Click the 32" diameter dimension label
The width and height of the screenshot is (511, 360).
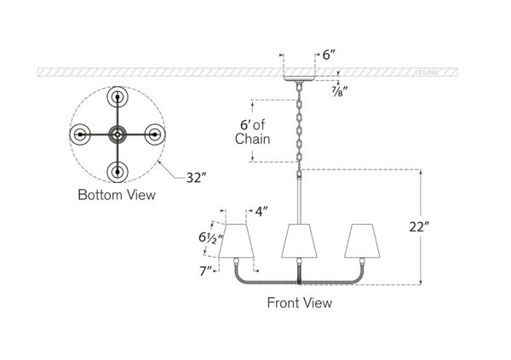196,178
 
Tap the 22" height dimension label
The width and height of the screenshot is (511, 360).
419,226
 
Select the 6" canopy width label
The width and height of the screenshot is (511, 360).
329,55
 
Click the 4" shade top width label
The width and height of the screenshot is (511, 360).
261,211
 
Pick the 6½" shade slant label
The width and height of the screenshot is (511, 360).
210,237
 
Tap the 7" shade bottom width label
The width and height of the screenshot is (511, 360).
206,271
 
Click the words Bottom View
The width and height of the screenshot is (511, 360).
117,195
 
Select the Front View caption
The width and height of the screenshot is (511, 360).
300,303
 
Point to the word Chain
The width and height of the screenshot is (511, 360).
253,139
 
